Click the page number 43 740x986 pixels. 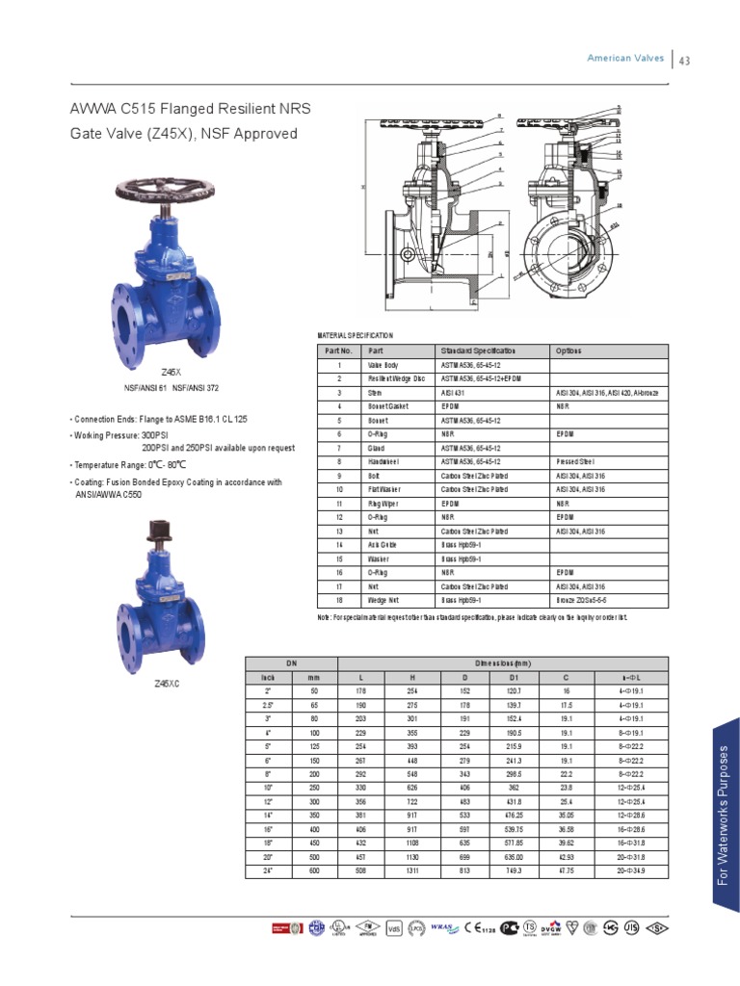coord(686,61)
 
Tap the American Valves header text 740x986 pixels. coord(625,59)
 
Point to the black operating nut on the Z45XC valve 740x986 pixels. coord(159,529)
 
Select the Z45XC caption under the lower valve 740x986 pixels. coord(168,684)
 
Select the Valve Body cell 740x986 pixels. coord(383,366)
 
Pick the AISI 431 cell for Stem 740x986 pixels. coord(453,393)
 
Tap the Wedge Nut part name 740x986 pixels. coord(382,599)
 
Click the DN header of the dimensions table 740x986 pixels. coord(291,663)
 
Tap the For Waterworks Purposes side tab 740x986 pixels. coord(726,815)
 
